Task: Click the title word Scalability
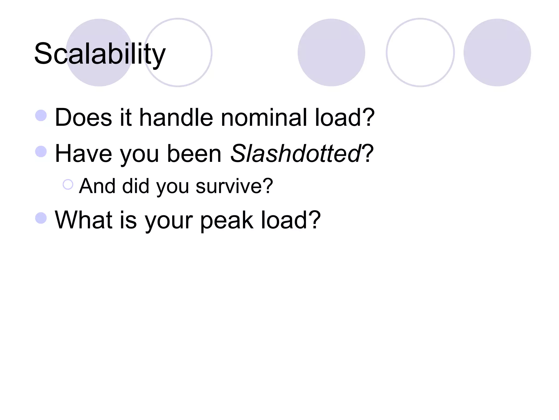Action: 100,54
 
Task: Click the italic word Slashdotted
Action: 296,153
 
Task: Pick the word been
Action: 194,153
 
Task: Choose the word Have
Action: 83,153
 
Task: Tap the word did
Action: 136,186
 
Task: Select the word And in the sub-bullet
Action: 97,186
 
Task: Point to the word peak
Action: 227,220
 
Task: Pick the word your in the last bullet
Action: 168,221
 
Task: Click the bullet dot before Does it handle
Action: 41,115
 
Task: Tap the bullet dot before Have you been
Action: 41,151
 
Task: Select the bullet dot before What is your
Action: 41,218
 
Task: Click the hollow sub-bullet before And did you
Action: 68,185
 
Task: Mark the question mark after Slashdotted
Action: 368,153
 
